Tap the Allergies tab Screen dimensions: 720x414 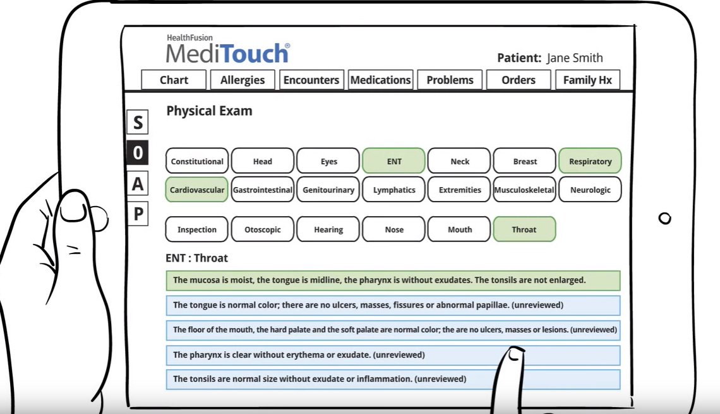click(x=243, y=80)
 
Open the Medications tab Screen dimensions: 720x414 click(x=381, y=80)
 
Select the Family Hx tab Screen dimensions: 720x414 click(x=587, y=80)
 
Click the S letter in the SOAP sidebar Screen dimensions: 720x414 click(x=138, y=122)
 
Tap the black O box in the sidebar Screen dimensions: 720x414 click(x=138, y=152)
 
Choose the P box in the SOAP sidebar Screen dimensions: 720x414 click(x=138, y=214)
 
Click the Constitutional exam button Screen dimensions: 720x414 click(x=197, y=161)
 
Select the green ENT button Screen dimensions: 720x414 click(x=394, y=161)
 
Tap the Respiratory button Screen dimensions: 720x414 click(x=590, y=161)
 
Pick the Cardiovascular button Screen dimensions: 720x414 click(x=197, y=190)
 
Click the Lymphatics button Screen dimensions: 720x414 click(x=394, y=190)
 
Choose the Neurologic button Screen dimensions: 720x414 click(x=590, y=190)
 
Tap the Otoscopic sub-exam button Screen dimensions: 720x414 click(x=263, y=229)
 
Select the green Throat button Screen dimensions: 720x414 click(x=524, y=229)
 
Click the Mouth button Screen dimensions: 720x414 click(x=459, y=229)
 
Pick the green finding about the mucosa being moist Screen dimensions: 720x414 click(x=393, y=280)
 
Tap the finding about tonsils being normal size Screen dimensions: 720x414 click(x=393, y=379)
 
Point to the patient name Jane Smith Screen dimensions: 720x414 click(x=575, y=58)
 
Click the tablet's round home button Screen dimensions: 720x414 click(x=664, y=218)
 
